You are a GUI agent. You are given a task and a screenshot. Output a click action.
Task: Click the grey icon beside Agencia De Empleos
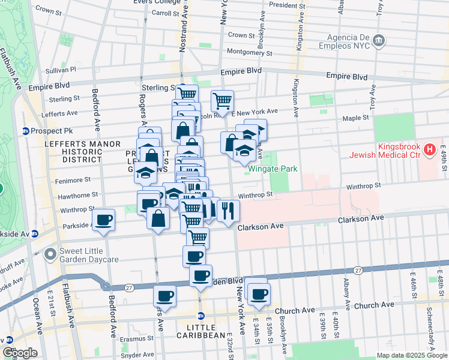[379, 40]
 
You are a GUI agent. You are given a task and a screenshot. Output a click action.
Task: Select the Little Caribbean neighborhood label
[207, 326]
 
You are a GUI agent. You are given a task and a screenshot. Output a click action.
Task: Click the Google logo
[19, 353]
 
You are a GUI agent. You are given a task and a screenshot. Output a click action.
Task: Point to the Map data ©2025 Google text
[411, 355]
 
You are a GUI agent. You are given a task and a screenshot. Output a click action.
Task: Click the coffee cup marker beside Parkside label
[104, 220]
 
